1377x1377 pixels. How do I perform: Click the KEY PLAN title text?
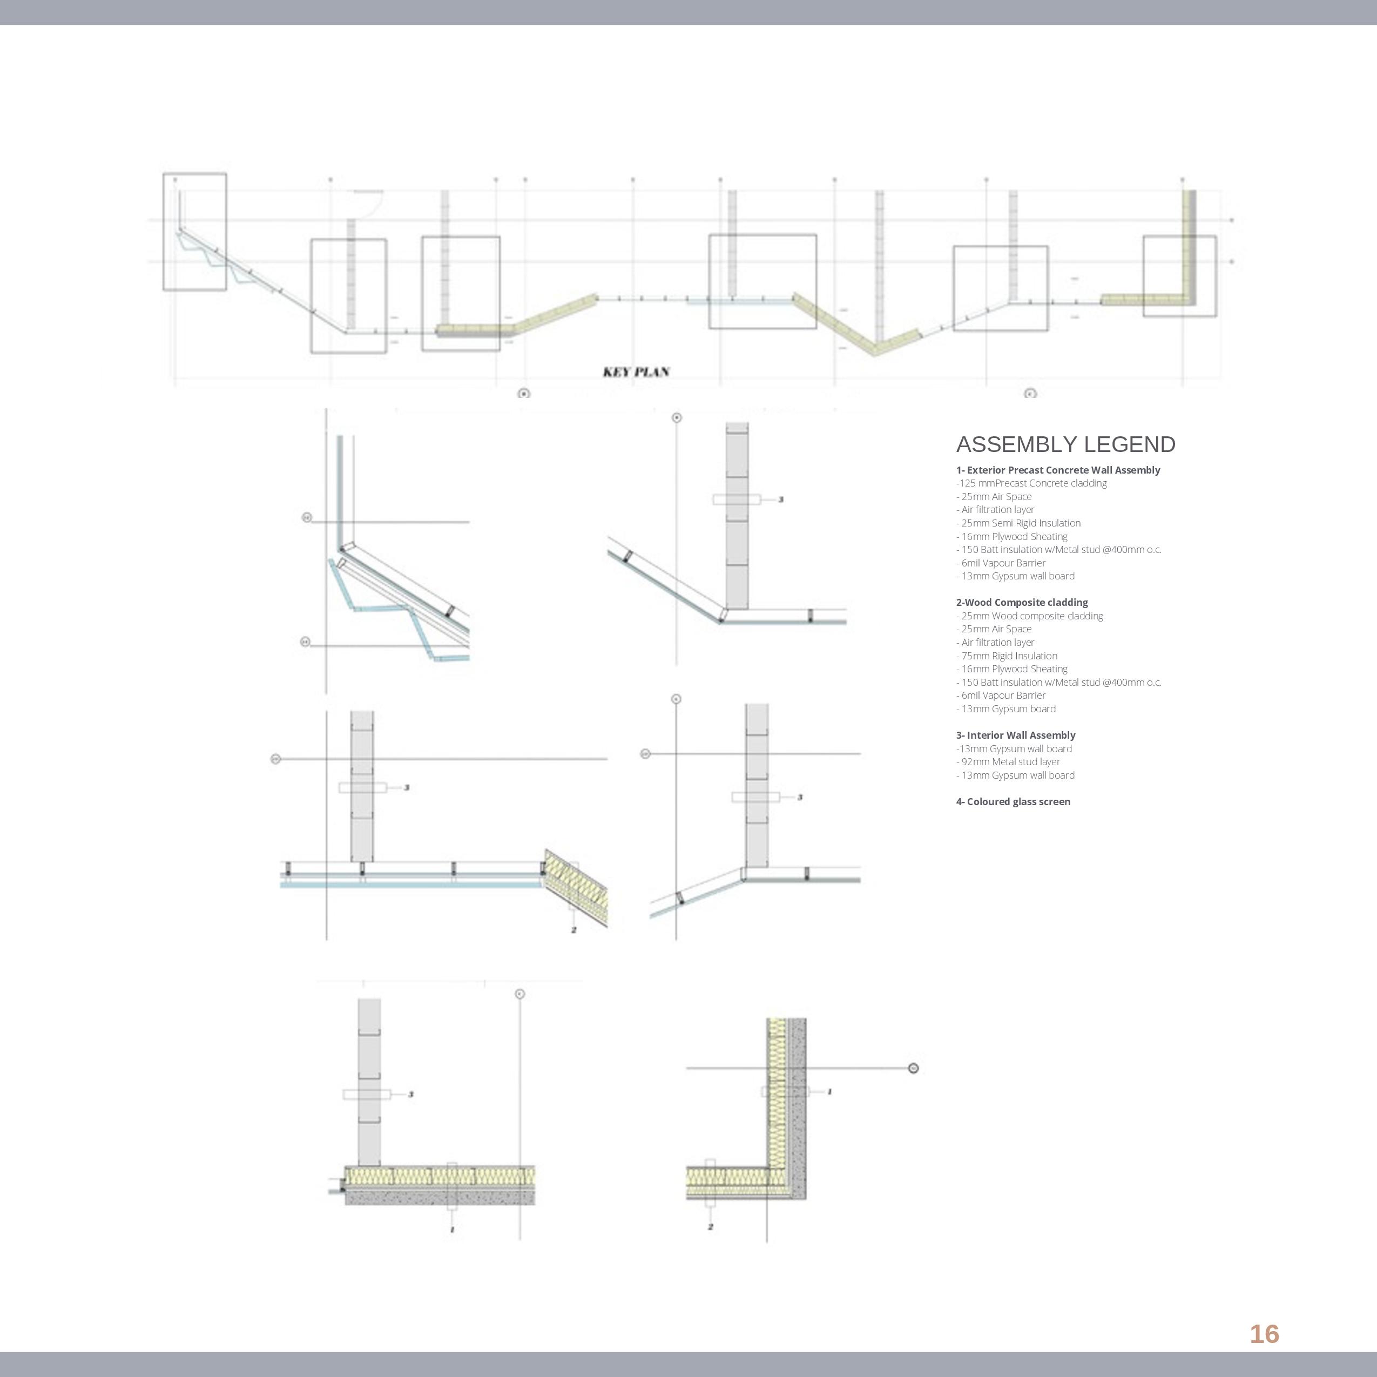point(636,372)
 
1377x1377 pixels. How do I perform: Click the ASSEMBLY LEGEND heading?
point(1065,445)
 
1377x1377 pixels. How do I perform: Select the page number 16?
point(1264,1333)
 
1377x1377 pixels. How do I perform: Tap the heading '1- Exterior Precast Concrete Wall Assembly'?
point(1058,470)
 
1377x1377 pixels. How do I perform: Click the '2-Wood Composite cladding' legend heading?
point(1021,602)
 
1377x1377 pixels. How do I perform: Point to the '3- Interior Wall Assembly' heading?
point(1015,735)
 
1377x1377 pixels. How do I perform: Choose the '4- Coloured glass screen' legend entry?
point(1013,802)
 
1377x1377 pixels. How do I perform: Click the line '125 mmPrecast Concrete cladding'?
point(1031,483)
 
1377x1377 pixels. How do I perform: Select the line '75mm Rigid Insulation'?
point(1007,656)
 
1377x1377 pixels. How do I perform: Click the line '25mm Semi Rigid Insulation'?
point(1018,523)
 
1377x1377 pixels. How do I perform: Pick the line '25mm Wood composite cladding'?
point(1030,616)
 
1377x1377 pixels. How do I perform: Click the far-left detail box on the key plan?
point(194,232)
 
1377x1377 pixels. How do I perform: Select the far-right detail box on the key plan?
point(1179,276)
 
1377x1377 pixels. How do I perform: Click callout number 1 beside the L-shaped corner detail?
point(829,1092)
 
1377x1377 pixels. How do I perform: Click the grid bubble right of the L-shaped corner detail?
point(914,1068)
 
